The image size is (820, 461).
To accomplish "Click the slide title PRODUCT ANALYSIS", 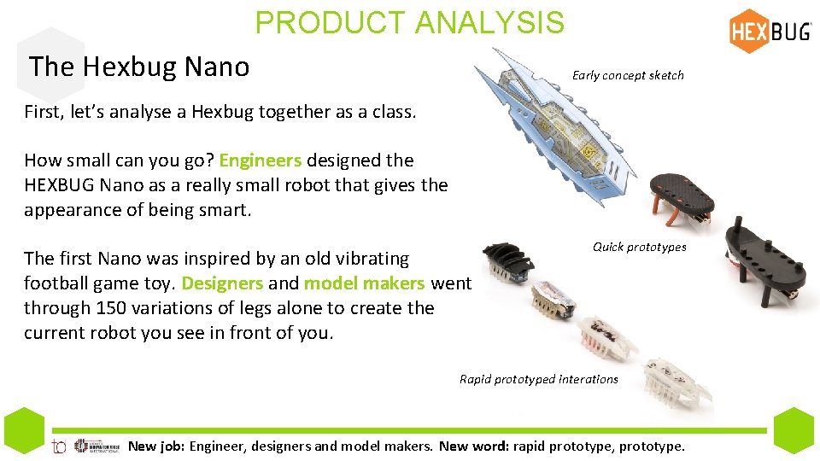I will (409, 23).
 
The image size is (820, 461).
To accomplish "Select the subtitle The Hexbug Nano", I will (139, 66).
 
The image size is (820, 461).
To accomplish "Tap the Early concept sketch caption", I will (628, 75).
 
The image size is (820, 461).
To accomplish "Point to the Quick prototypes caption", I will (639, 247).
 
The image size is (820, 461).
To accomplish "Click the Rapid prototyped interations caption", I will (538, 379).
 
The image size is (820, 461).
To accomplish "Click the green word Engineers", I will (260, 160).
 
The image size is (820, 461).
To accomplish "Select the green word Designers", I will (222, 283).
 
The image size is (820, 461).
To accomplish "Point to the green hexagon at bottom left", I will (24, 429).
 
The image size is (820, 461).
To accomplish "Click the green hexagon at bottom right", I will (795, 429).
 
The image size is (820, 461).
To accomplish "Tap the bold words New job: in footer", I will (156, 446).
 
